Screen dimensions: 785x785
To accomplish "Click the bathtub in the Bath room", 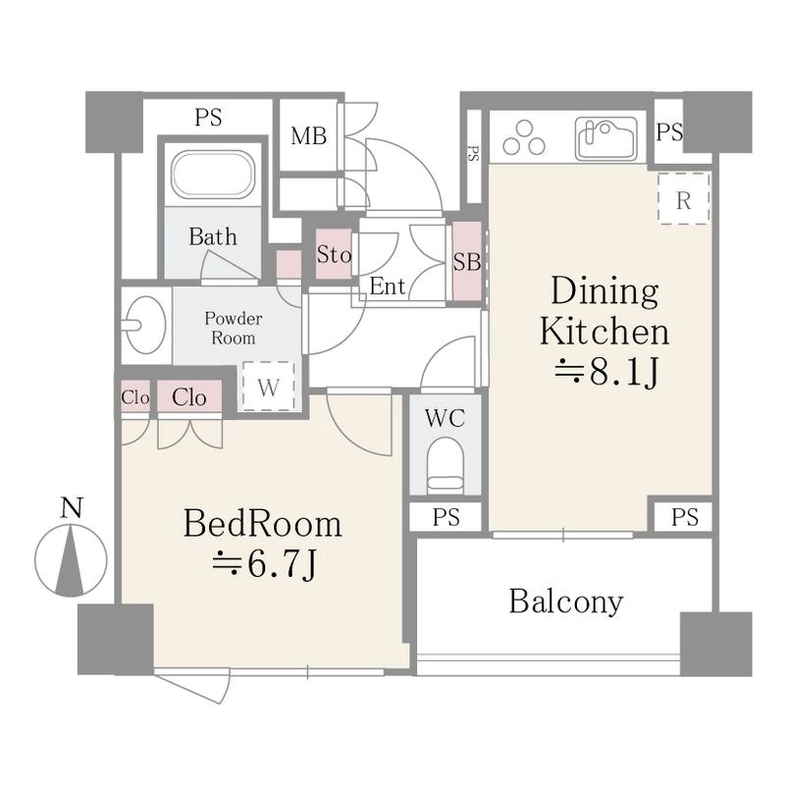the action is pos(213,177).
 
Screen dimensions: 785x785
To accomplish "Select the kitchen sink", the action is pos(606,138).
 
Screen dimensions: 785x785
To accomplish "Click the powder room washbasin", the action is pos(145,326).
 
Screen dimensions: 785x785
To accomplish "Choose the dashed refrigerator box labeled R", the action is pos(684,199).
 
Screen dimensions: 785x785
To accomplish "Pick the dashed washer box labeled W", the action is pos(269,386).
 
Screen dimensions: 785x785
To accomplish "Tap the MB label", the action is pos(309,136).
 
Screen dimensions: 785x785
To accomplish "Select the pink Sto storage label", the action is pos(334,254).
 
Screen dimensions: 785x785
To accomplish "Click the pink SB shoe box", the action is pos(467,261).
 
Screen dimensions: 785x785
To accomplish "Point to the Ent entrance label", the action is pos(388,287).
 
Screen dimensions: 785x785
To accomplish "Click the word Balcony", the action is pos(566,602).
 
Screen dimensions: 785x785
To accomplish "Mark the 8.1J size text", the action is pos(605,373).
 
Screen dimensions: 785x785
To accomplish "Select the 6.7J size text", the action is pos(264,565).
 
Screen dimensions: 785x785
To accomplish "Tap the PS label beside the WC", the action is pos(446,517).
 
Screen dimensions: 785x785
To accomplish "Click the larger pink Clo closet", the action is pos(189,396).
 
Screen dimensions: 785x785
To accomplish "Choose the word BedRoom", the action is pos(263,524).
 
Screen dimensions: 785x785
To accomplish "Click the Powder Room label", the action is pos(234,328).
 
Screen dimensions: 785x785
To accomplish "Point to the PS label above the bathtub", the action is pos(208,118).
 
